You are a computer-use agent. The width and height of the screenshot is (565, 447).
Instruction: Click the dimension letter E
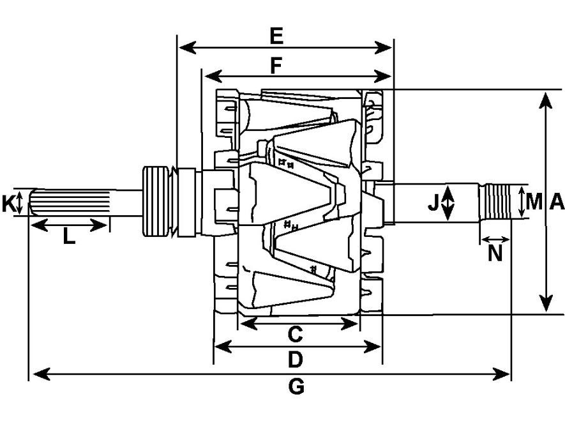[276, 36]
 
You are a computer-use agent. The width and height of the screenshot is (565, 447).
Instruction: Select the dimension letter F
[276, 66]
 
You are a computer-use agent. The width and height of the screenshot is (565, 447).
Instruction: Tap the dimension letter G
[297, 387]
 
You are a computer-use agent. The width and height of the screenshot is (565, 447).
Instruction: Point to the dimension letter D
[295, 360]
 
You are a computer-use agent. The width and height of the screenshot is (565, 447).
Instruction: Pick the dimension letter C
[295, 334]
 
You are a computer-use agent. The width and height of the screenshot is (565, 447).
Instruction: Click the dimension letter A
[557, 202]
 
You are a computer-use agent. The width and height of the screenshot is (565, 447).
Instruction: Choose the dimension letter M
[534, 202]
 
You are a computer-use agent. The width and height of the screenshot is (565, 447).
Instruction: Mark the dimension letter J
[433, 202]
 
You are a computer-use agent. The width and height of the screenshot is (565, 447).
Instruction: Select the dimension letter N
[495, 253]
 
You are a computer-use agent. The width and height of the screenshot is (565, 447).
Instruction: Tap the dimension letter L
[69, 237]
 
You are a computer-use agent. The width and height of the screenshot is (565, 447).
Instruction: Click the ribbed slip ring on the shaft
[156, 201]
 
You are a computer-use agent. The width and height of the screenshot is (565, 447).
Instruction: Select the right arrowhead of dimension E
[383, 48]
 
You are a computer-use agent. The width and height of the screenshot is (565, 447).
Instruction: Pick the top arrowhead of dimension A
[546, 100]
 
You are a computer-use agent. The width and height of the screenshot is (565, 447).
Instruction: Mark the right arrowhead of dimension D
[372, 347]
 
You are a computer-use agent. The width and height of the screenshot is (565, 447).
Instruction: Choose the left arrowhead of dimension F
[213, 77]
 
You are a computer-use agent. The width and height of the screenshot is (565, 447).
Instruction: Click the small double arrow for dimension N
[495, 239]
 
